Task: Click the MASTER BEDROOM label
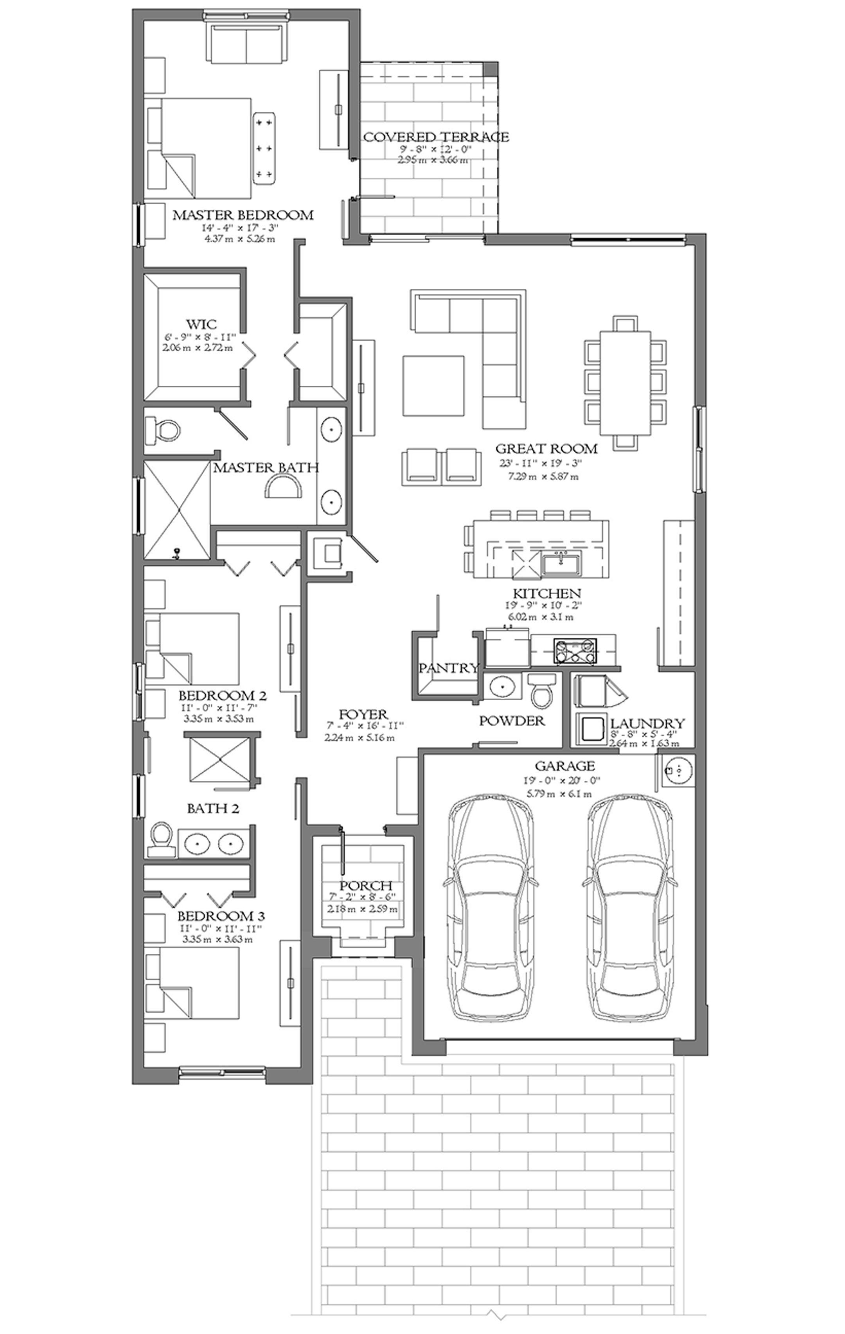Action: click(x=243, y=215)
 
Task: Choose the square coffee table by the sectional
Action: click(x=433, y=386)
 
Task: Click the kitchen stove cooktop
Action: click(x=576, y=651)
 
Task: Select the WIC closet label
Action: click(x=201, y=324)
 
